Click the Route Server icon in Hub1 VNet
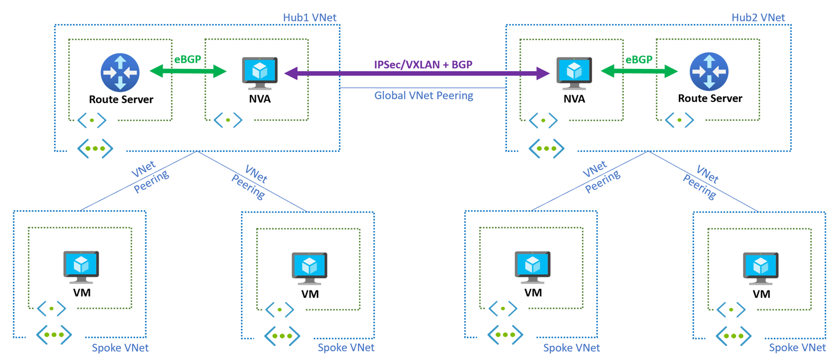click(x=120, y=72)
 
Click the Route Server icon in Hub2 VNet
click(x=709, y=72)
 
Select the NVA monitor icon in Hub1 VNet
click(x=260, y=73)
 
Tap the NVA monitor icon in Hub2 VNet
click(x=574, y=73)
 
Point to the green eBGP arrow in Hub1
click(x=188, y=71)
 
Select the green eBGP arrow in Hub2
click(x=639, y=71)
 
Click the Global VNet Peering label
click(x=423, y=96)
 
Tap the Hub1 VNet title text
click(x=309, y=17)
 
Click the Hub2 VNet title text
click(x=758, y=17)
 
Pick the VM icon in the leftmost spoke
click(x=81, y=266)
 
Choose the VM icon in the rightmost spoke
click(x=761, y=268)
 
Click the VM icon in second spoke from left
click(x=309, y=268)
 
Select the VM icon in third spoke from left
click(x=532, y=266)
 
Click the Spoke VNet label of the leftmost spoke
click(x=120, y=347)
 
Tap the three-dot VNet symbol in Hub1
click(x=95, y=148)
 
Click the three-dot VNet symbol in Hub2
click(x=546, y=148)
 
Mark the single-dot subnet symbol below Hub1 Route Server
click(x=92, y=120)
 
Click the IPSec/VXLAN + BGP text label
click(x=423, y=64)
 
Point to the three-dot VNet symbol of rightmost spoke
click(x=733, y=336)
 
